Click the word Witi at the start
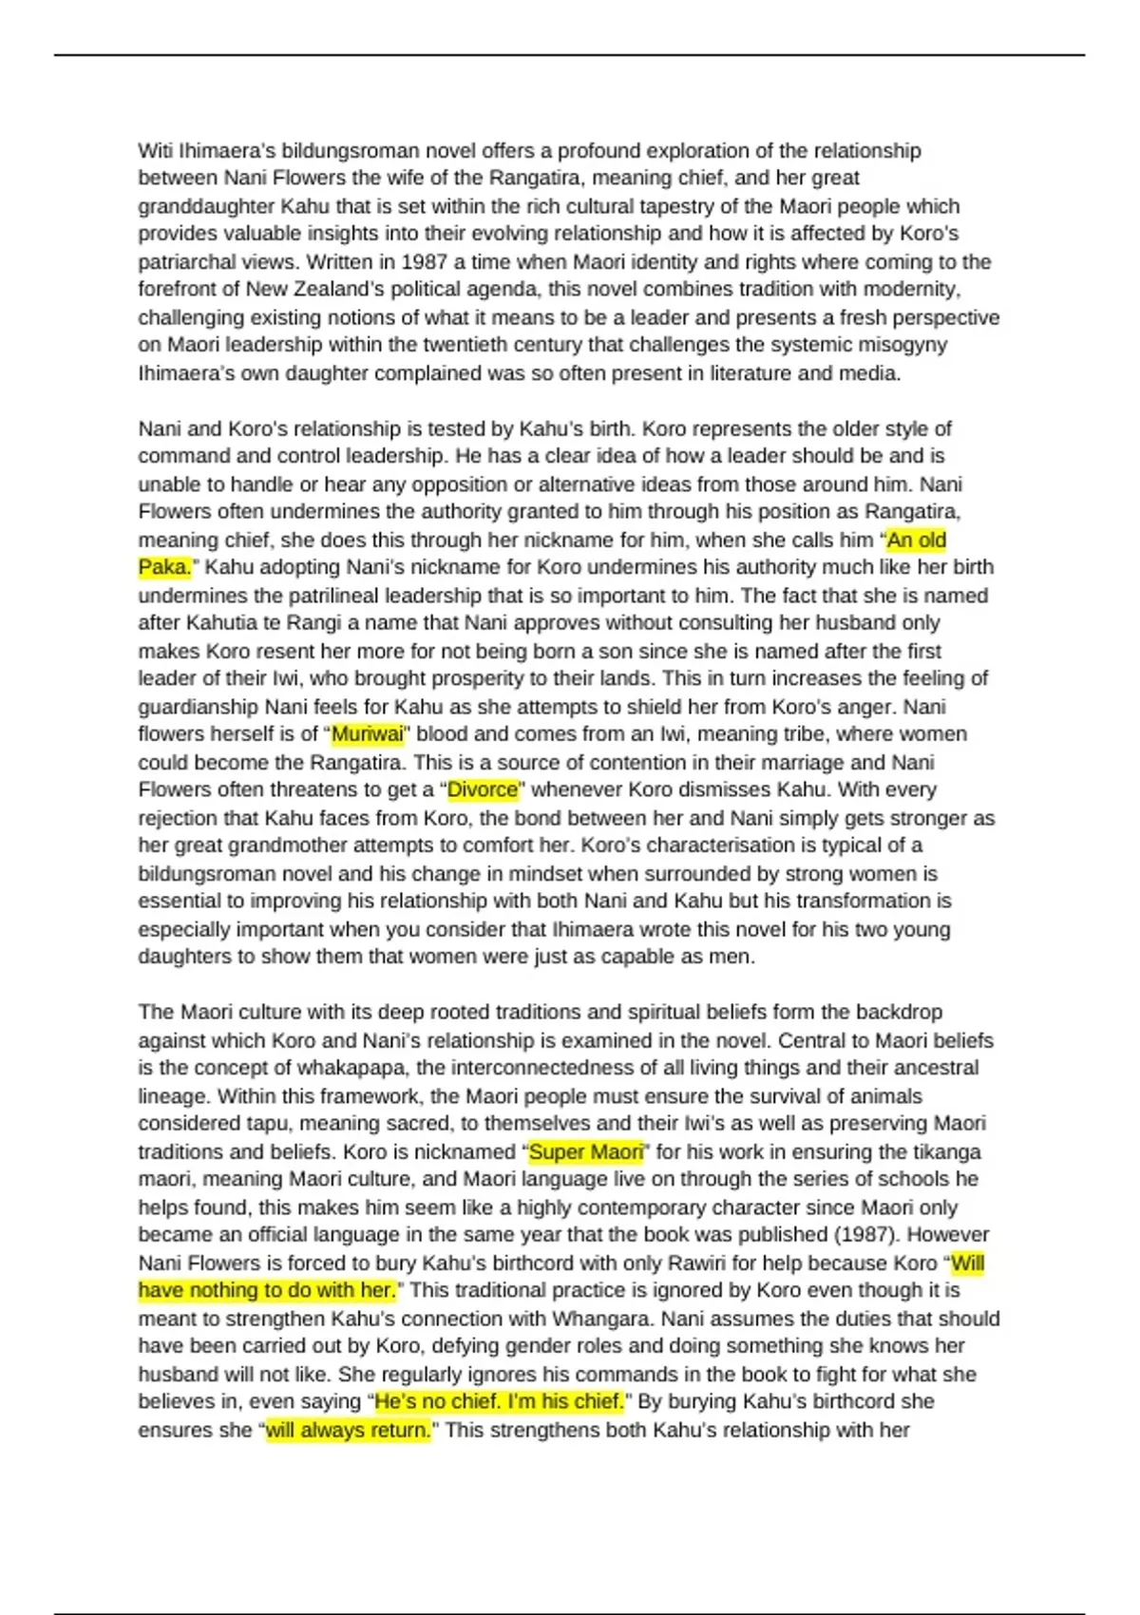[155, 150]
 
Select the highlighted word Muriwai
[368, 733]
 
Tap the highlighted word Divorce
[483, 789]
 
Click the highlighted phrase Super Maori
[586, 1151]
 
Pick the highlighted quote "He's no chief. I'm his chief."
[500, 1401]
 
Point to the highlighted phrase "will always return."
[349, 1430]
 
